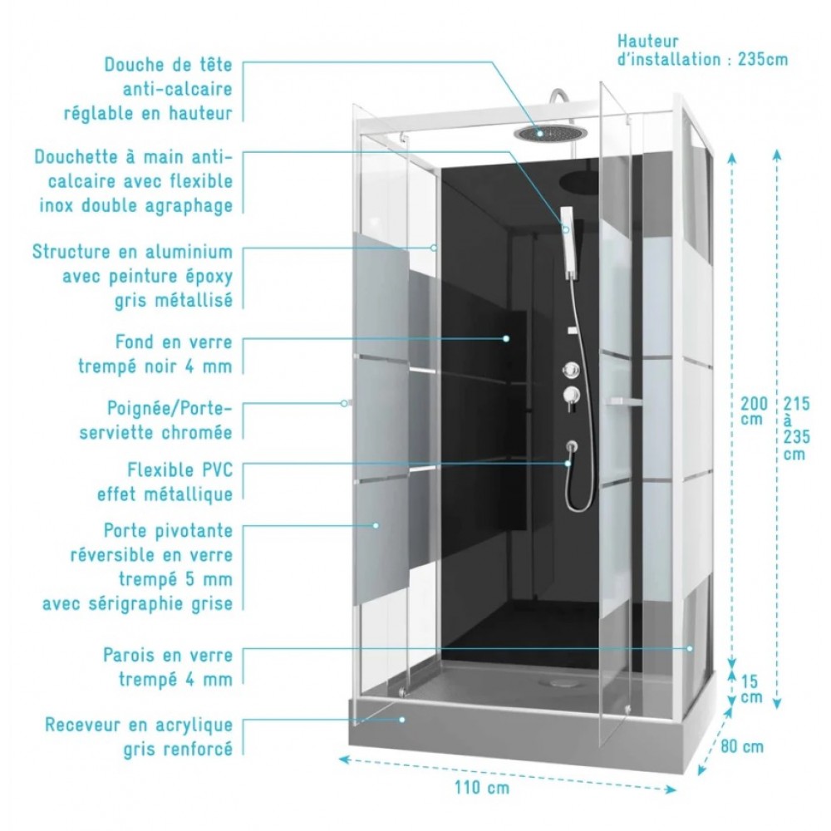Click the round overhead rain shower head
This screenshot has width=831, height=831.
[x=544, y=132]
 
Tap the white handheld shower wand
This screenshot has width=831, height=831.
[x=569, y=242]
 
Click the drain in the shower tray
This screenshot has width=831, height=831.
[x=559, y=682]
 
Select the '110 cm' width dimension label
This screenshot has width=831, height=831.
[x=482, y=788]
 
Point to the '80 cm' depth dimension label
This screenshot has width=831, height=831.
[x=742, y=747]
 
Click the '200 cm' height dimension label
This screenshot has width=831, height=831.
[x=754, y=411]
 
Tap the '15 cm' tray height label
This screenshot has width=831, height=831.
[x=751, y=689]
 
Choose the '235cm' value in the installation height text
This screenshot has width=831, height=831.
[x=763, y=59]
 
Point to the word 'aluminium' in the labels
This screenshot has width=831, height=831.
[x=189, y=252]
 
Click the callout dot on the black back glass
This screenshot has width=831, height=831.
[x=506, y=338]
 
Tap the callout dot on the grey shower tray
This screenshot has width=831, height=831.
[x=402, y=719]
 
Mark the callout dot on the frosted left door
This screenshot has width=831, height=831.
[x=376, y=525]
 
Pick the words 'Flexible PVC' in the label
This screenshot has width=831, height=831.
[x=180, y=470]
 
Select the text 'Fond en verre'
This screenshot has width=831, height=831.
[x=174, y=342]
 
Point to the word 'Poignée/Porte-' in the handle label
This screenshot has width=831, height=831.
[x=170, y=409]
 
